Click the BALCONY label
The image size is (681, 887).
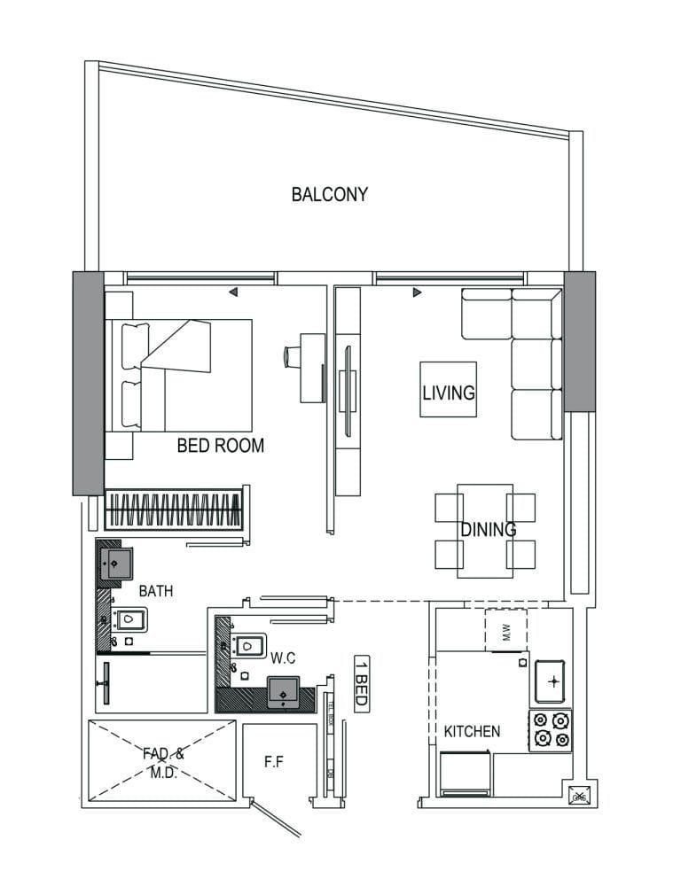(x=329, y=194)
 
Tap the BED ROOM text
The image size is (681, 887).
(x=221, y=446)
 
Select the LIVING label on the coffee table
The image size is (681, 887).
(x=448, y=392)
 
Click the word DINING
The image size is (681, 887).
(x=488, y=530)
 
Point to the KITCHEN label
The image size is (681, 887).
(x=472, y=732)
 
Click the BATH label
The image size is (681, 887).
(x=156, y=590)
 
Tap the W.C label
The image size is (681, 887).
(x=283, y=658)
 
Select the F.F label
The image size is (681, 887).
(x=275, y=760)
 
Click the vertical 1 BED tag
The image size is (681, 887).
(x=361, y=681)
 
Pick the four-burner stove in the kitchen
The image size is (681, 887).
(x=550, y=730)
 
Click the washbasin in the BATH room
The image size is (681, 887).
(x=114, y=564)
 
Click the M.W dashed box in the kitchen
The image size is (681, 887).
(x=506, y=630)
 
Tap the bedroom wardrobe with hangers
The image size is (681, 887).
(x=174, y=510)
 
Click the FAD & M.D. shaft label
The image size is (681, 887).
(x=163, y=763)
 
